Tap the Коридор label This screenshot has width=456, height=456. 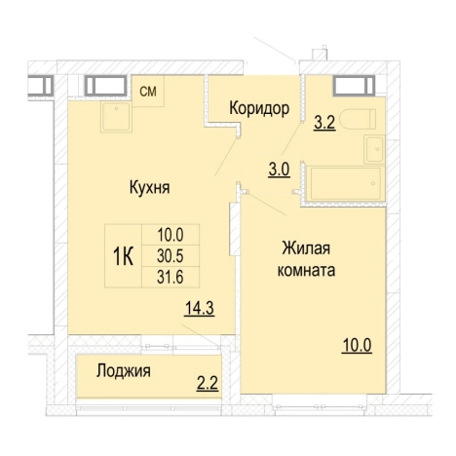pos(258,108)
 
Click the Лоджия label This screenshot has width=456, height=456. pos(123,370)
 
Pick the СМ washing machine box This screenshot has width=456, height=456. pos(149,92)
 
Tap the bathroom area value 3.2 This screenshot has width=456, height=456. pos(324,125)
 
